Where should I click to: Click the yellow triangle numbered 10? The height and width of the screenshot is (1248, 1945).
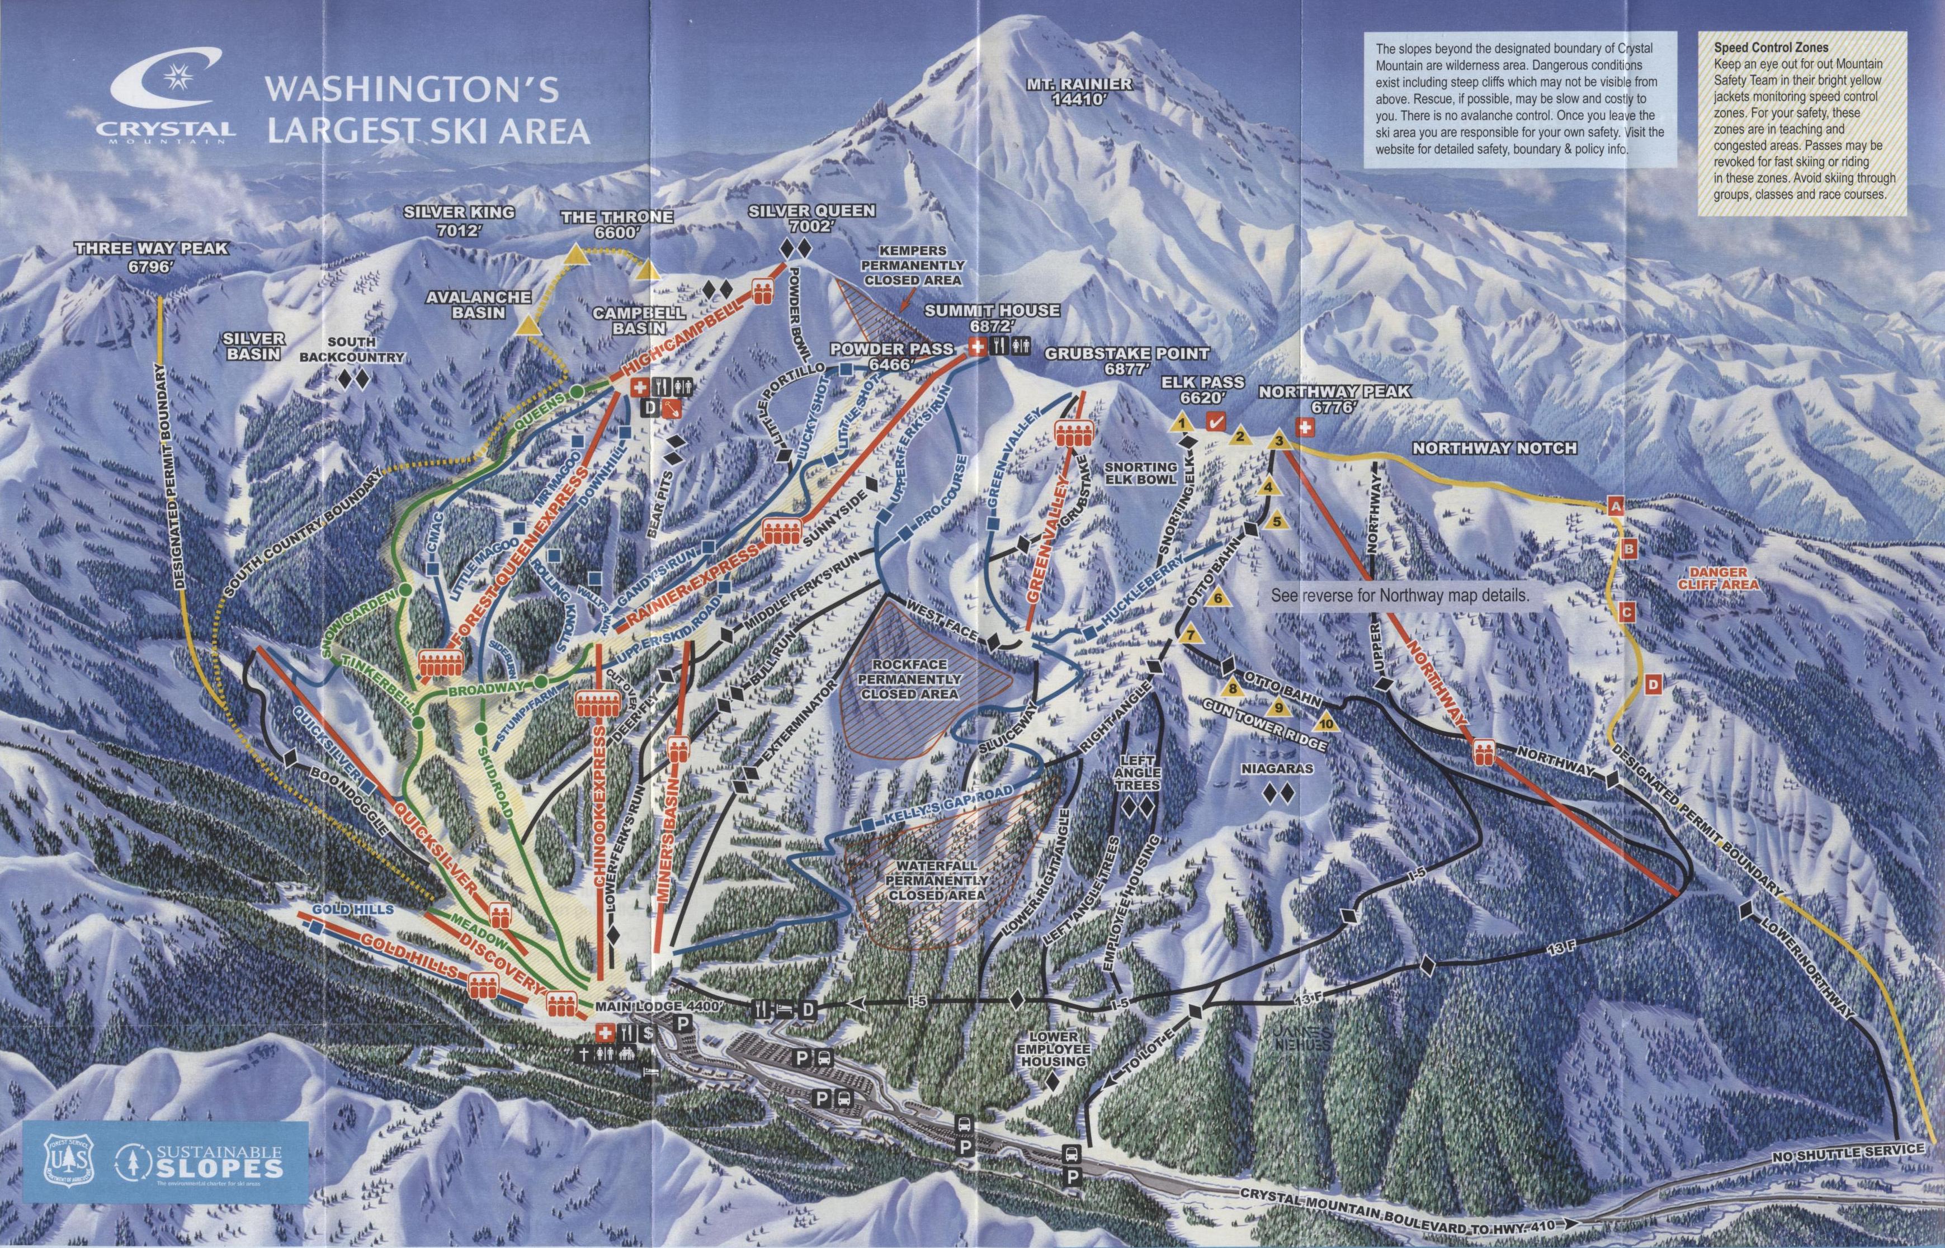[1326, 722]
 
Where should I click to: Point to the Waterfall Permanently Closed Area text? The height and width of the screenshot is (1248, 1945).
[936, 880]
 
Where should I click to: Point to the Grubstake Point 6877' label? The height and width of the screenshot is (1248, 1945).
[1126, 361]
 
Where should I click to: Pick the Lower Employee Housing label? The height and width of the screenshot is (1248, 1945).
[1054, 1050]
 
